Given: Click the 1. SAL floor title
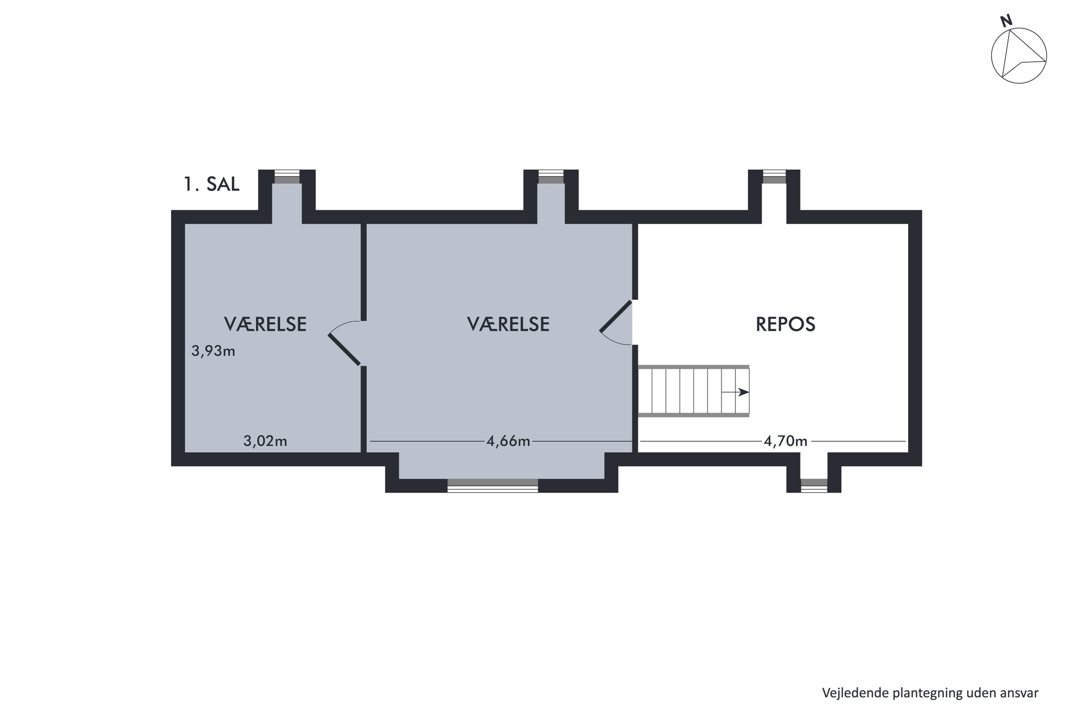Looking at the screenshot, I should (x=211, y=184).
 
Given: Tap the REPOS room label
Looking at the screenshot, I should (x=785, y=325).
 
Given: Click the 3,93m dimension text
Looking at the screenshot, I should (x=213, y=351).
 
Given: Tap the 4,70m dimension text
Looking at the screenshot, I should (x=785, y=441).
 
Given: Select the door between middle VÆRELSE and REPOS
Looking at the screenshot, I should (x=616, y=316).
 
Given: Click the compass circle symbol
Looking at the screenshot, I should (x=1018, y=56).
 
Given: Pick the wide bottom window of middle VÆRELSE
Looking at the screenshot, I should (x=492, y=486).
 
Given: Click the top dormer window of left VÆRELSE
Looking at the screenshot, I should (x=287, y=177).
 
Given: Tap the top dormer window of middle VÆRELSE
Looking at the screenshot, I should (x=550, y=177).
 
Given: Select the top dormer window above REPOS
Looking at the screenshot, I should (x=774, y=177).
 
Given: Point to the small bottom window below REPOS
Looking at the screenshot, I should (x=814, y=486).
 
